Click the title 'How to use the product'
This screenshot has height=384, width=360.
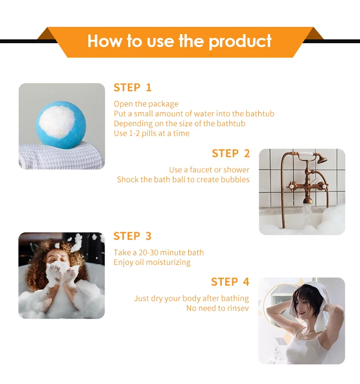click(x=180, y=41)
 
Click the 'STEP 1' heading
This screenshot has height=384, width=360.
click(x=132, y=87)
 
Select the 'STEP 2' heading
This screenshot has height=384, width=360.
click(x=230, y=154)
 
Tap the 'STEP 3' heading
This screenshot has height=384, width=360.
click(x=132, y=236)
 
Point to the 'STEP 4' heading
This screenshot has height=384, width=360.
click(x=230, y=282)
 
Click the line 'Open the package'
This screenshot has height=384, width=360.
click(x=146, y=104)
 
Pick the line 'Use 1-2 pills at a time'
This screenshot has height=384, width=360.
click(x=151, y=133)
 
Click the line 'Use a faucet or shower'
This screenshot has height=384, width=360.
click(x=209, y=170)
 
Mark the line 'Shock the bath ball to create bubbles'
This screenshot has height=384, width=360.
click(x=183, y=180)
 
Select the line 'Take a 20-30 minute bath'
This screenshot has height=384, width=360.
click(x=158, y=252)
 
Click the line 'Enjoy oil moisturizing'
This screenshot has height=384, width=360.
click(x=152, y=263)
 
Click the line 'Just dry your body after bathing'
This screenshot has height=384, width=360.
click(x=191, y=299)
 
